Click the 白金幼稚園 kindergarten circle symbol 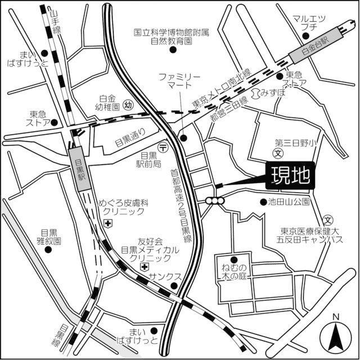pyautogui.click(x=128, y=105)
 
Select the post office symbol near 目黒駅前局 pyautogui.click(x=163, y=147)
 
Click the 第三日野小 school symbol pyautogui.click(x=277, y=152)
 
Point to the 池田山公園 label pyautogui.click(x=289, y=201)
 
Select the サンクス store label pyautogui.click(x=165, y=277)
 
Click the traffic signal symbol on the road pyautogui.click(x=214, y=200)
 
